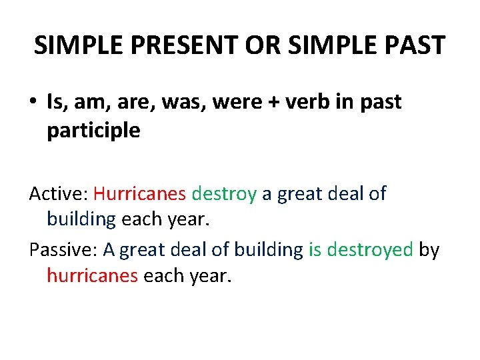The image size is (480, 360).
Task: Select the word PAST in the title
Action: click(x=414, y=45)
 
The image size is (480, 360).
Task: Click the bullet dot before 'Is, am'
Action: click(x=33, y=103)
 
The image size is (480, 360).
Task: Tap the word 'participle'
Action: click(x=93, y=131)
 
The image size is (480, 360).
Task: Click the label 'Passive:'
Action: click(x=63, y=249)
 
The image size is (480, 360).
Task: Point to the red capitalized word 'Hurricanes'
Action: click(x=139, y=194)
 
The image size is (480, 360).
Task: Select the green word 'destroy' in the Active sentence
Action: click(x=224, y=194)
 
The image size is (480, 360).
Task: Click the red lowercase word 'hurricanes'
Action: click(x=92, y=276)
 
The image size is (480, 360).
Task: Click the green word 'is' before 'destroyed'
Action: click(x=315, y=249)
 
